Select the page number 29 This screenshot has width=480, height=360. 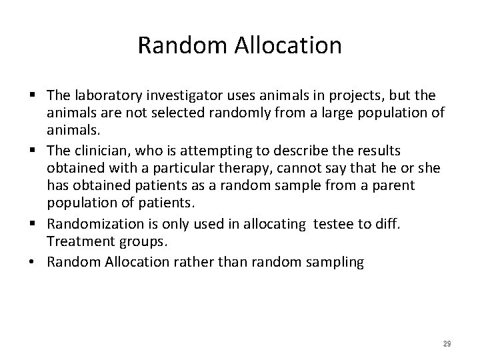click(447, 343)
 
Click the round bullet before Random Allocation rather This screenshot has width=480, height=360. click(33, 261)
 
